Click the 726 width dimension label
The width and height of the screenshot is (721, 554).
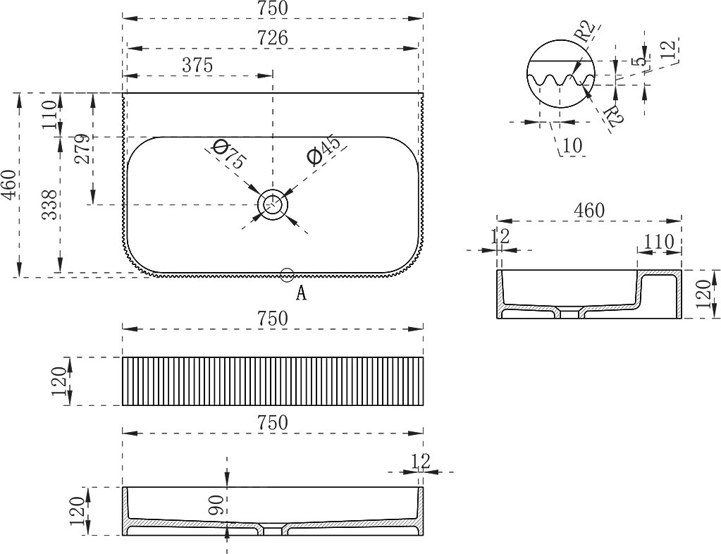273,38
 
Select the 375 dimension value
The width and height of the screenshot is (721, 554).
198,66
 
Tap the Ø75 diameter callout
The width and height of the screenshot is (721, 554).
228,155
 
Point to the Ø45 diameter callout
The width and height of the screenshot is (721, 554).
326,149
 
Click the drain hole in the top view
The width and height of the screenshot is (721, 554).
273,204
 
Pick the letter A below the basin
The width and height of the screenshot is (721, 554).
301,293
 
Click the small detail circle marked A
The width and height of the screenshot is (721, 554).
287,274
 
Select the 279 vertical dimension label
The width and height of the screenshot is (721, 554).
82,149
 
